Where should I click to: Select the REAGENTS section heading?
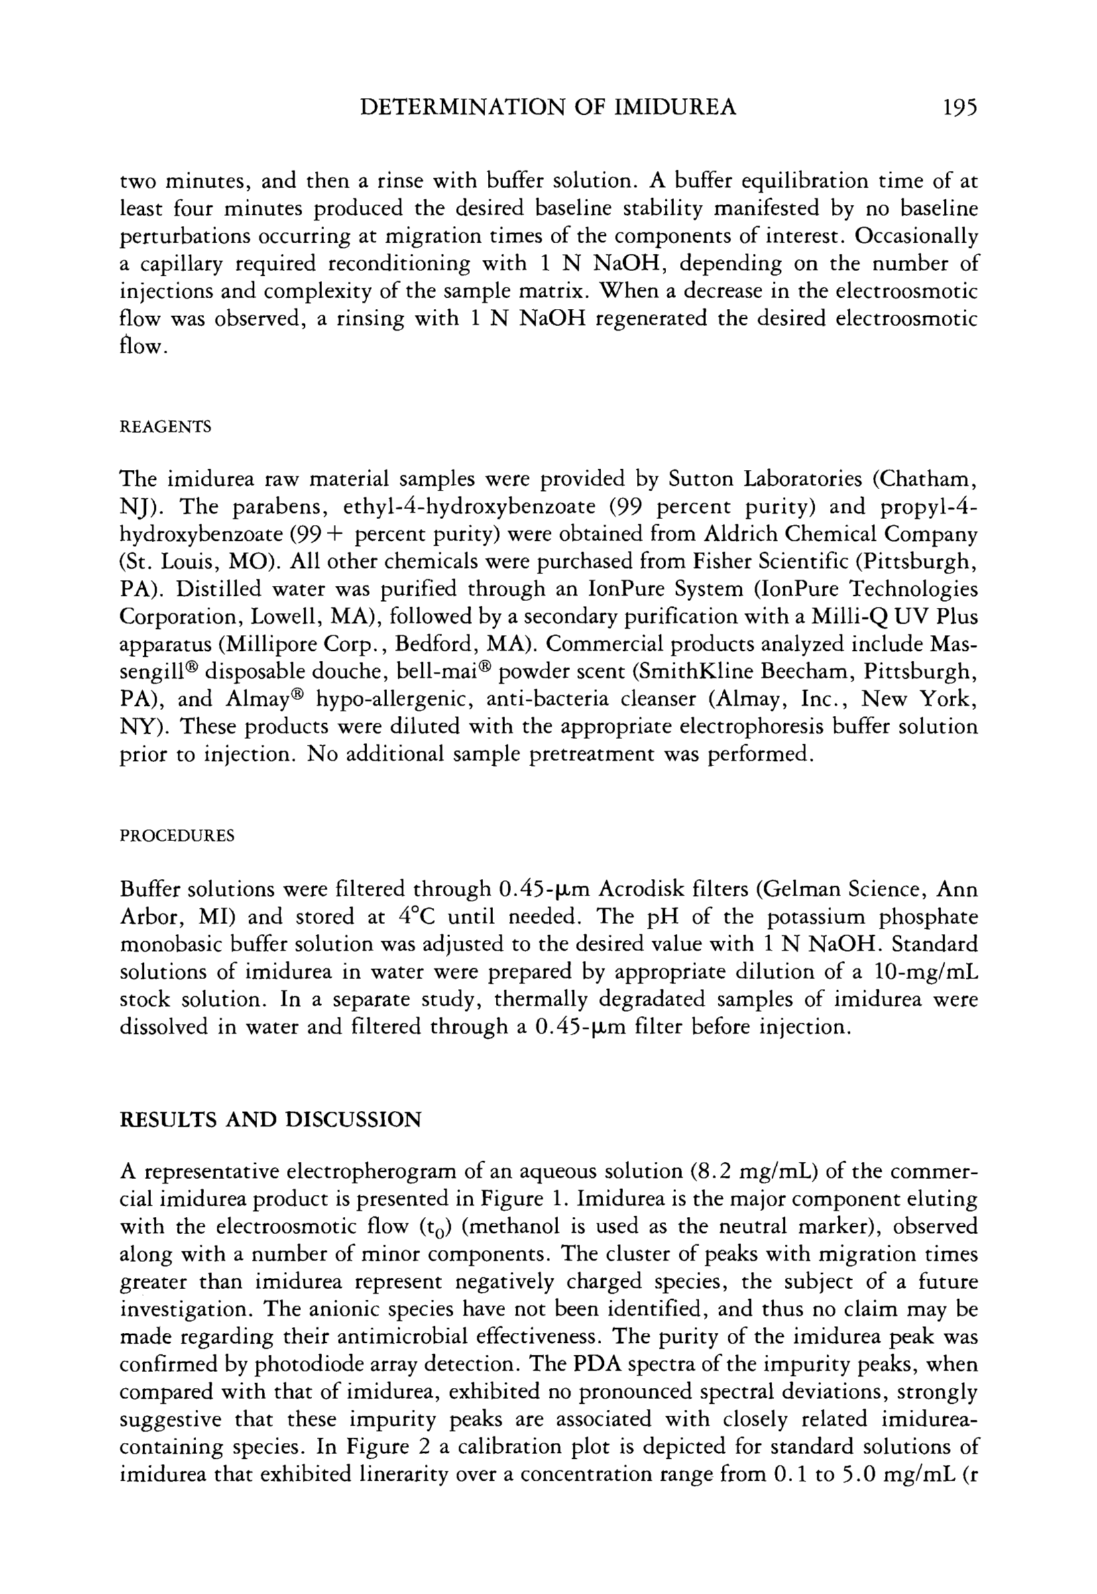(165, 427)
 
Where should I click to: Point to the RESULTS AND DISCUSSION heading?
(270, 1120)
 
